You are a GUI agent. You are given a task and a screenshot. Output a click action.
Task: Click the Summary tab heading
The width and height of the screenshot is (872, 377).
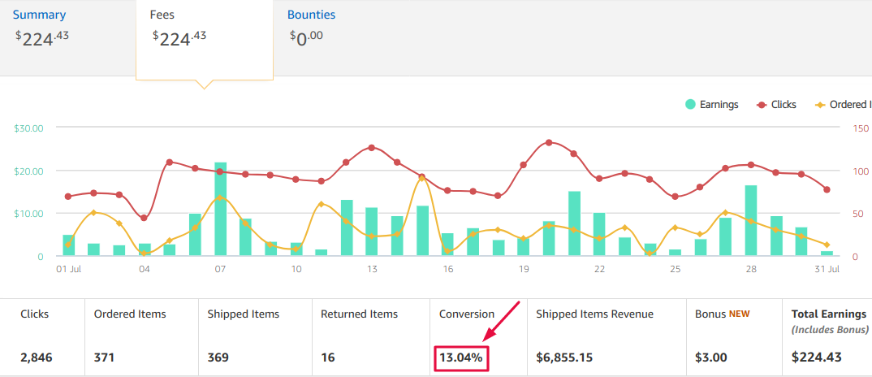coord(39,15)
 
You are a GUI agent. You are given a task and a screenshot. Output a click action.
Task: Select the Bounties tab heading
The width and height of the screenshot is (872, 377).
coord(311,15)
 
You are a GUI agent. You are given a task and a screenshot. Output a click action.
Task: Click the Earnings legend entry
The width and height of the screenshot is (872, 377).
coord(711,105)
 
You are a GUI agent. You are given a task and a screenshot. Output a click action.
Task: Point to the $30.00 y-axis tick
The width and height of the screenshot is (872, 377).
coord(28,128)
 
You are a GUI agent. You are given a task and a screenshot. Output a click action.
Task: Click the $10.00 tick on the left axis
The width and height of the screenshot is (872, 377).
coord(28,214)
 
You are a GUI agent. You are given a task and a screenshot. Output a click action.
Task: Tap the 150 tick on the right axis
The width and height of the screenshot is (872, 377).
coord(861,128)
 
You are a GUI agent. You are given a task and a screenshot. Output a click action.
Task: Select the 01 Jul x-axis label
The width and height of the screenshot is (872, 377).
coord(68,269)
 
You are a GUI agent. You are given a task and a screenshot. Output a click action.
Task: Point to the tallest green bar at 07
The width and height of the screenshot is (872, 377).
coord(220,209)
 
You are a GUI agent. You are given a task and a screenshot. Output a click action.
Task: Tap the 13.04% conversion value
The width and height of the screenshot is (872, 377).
coord(460,357)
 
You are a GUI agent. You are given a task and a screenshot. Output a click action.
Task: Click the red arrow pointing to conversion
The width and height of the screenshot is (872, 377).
coord(501,320)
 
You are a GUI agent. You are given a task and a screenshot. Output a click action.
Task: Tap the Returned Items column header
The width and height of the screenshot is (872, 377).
coord(359,314)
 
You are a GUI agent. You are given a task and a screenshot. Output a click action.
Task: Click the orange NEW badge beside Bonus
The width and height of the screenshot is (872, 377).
coord(740,314)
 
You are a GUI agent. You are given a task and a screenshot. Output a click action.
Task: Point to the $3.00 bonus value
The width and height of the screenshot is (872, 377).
coord(711,357)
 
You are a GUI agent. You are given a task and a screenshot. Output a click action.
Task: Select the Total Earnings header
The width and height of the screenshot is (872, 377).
coord(828,314)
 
